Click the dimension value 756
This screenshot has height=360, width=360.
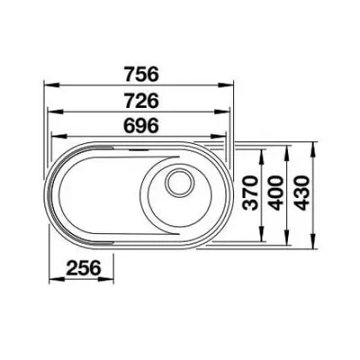click(x=141, y=74)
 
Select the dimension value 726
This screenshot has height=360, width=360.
click(x=141, y=101)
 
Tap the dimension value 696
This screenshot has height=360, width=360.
click(x=141, y=126)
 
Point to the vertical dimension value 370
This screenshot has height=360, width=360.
click(x=250, y=193)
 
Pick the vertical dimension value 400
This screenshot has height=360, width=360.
click(x=275, y=193)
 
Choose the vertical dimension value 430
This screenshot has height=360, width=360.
click(x=301, y=193)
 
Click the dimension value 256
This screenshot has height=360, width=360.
click(x=83, y=268)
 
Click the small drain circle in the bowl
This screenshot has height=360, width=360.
click(x=180, y=183)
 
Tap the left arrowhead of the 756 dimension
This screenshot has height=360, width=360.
click(x=52, y=85)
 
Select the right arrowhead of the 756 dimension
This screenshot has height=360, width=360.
click(x=225, y=85)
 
